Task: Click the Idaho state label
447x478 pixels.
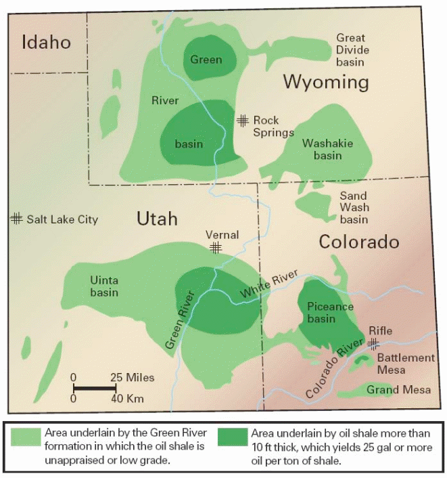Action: (47, 43)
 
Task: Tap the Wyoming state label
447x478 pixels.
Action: (326, 83)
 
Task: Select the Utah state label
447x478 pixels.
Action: (157, 218)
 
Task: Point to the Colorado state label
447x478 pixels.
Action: (359, 242)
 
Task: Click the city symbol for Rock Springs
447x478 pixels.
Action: (243, 121)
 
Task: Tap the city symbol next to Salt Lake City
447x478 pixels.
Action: (16, 219)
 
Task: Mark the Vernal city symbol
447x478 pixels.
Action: (216, 248)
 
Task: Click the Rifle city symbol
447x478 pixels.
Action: (372, 343)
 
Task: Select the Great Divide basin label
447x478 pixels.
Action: (350, 50)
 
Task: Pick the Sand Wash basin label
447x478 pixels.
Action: (354, 207)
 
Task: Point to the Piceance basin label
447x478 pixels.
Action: (330, 313)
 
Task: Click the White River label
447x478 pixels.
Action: (270, 287)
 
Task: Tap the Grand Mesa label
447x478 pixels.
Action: (390, 389)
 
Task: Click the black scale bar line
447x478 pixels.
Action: (94, 388)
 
